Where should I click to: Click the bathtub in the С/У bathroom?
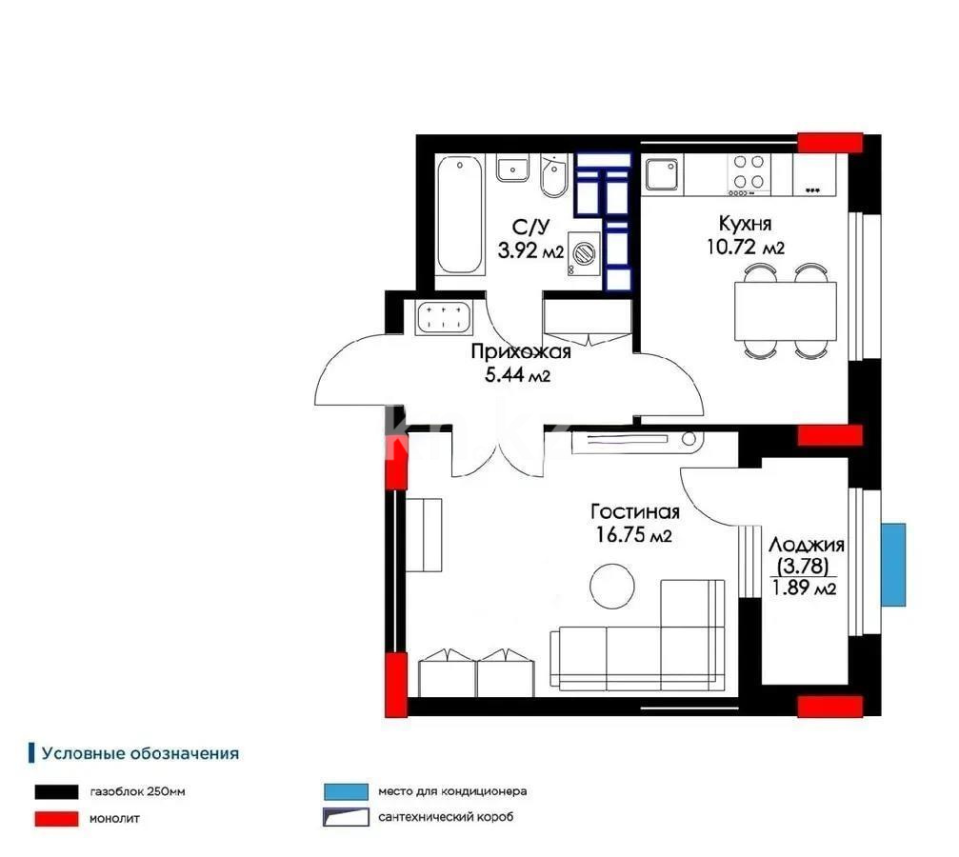pos(459,216)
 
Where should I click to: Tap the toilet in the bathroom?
pos(553,176)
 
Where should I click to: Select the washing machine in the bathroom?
pos(584,255)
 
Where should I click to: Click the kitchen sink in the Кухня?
pos(662,175)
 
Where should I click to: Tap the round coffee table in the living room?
pos(610,584)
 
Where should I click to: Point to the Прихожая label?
pos(520,352)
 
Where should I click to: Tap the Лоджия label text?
pos(806,546)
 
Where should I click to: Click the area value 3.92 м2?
pos(530,250)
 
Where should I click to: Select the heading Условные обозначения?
pos(139,753)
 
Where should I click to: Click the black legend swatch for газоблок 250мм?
pos(55,791)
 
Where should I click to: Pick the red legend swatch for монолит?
pos(55,817)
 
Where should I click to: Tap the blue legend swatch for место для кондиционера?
pos(344,791)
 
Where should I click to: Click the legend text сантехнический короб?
pos(445,817)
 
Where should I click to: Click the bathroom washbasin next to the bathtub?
pos(512,171)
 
